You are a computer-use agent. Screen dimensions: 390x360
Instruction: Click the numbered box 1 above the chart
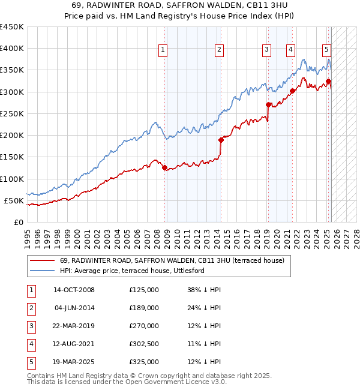(x=163, y=50)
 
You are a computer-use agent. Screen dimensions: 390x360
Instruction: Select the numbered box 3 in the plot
(x=266, y=50)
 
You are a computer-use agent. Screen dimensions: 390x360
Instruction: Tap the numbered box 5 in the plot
(x=326, y=50)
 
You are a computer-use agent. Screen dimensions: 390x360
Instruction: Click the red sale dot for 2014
(x=221, y=140)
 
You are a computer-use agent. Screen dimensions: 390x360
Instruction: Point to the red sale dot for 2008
(x=164, y=168)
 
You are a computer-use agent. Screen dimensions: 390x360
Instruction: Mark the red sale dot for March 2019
(x=268, y=104)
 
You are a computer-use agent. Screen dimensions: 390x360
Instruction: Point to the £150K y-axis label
(x=11, y=157)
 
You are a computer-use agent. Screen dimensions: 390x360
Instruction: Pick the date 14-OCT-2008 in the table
(x=74, y=290)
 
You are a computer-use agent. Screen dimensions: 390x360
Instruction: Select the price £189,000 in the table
(x=143, y=308)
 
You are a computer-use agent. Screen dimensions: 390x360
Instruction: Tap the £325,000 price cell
(x=143, y=362)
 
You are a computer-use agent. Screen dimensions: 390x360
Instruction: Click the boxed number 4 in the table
(x=30, y=344)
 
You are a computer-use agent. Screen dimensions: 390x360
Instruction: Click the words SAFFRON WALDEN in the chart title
(x=182, y=5)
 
